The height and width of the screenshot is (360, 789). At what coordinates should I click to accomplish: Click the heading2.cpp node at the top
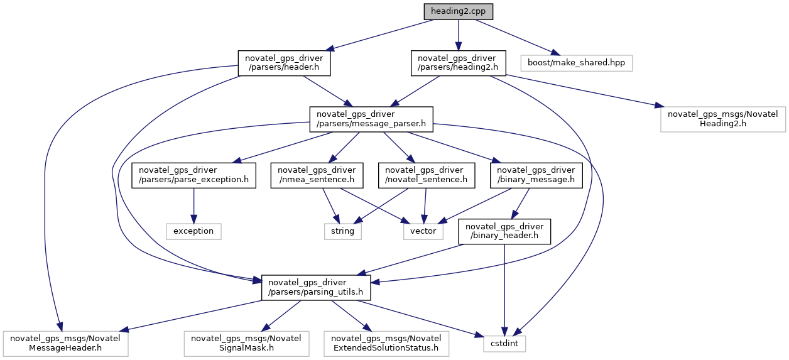tap(458, 11)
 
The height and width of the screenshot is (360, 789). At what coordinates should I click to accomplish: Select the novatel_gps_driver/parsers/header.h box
tap(284, 63)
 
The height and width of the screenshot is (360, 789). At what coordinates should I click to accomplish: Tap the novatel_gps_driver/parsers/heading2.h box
tap(458, 63)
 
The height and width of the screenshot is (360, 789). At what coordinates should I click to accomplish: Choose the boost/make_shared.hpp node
tap(576, 63)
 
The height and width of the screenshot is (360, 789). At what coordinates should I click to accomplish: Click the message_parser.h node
tap(371, 119)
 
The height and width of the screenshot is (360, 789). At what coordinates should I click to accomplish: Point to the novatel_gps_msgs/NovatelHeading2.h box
tap(722, 119)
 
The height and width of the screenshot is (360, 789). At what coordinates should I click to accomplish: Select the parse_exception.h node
tap(193, 175)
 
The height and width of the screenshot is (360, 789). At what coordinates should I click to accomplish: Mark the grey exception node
tap(193, 231)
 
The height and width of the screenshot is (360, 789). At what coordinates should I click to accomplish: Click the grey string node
tap(343, 231)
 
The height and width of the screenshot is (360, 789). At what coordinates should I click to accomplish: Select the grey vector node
tap(423, 231)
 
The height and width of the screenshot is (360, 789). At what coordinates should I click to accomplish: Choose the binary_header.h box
tap(504, 231)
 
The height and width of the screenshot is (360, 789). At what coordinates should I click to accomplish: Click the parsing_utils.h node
tap(316, 287)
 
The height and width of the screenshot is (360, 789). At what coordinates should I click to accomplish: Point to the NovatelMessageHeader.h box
tap(65, 343)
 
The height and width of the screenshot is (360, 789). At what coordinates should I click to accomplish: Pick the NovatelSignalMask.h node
tap(246, 343)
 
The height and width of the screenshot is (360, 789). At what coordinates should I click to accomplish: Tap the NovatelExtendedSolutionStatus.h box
tap(386, 343)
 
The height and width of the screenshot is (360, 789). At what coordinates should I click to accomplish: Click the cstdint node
tap(504, 344)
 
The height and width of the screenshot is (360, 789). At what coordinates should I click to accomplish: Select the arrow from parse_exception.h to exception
tap(193, 204)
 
